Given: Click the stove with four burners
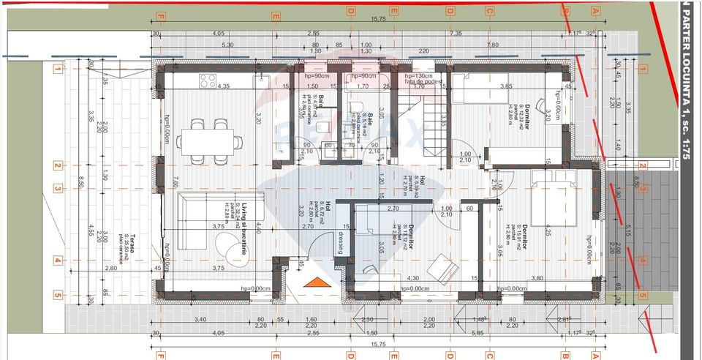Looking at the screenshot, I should point(207,80).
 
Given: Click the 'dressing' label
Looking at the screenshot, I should point(339,242).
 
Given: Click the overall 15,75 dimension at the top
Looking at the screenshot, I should point(378,20).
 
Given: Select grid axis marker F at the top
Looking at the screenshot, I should point(159,13).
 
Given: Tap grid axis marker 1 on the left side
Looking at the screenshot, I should point(57,70).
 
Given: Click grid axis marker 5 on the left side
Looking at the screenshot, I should point(57,295).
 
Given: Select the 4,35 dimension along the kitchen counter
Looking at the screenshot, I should point(223,86).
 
